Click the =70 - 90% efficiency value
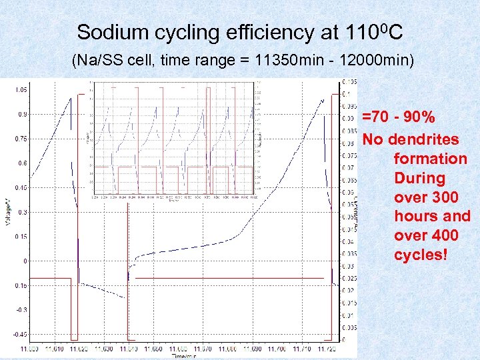coord(399,118)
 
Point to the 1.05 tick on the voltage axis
coord(21,89)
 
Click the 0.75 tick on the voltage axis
coord(21,139)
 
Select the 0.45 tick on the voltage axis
coord(21,188)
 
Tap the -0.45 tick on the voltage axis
coord(21,334)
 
